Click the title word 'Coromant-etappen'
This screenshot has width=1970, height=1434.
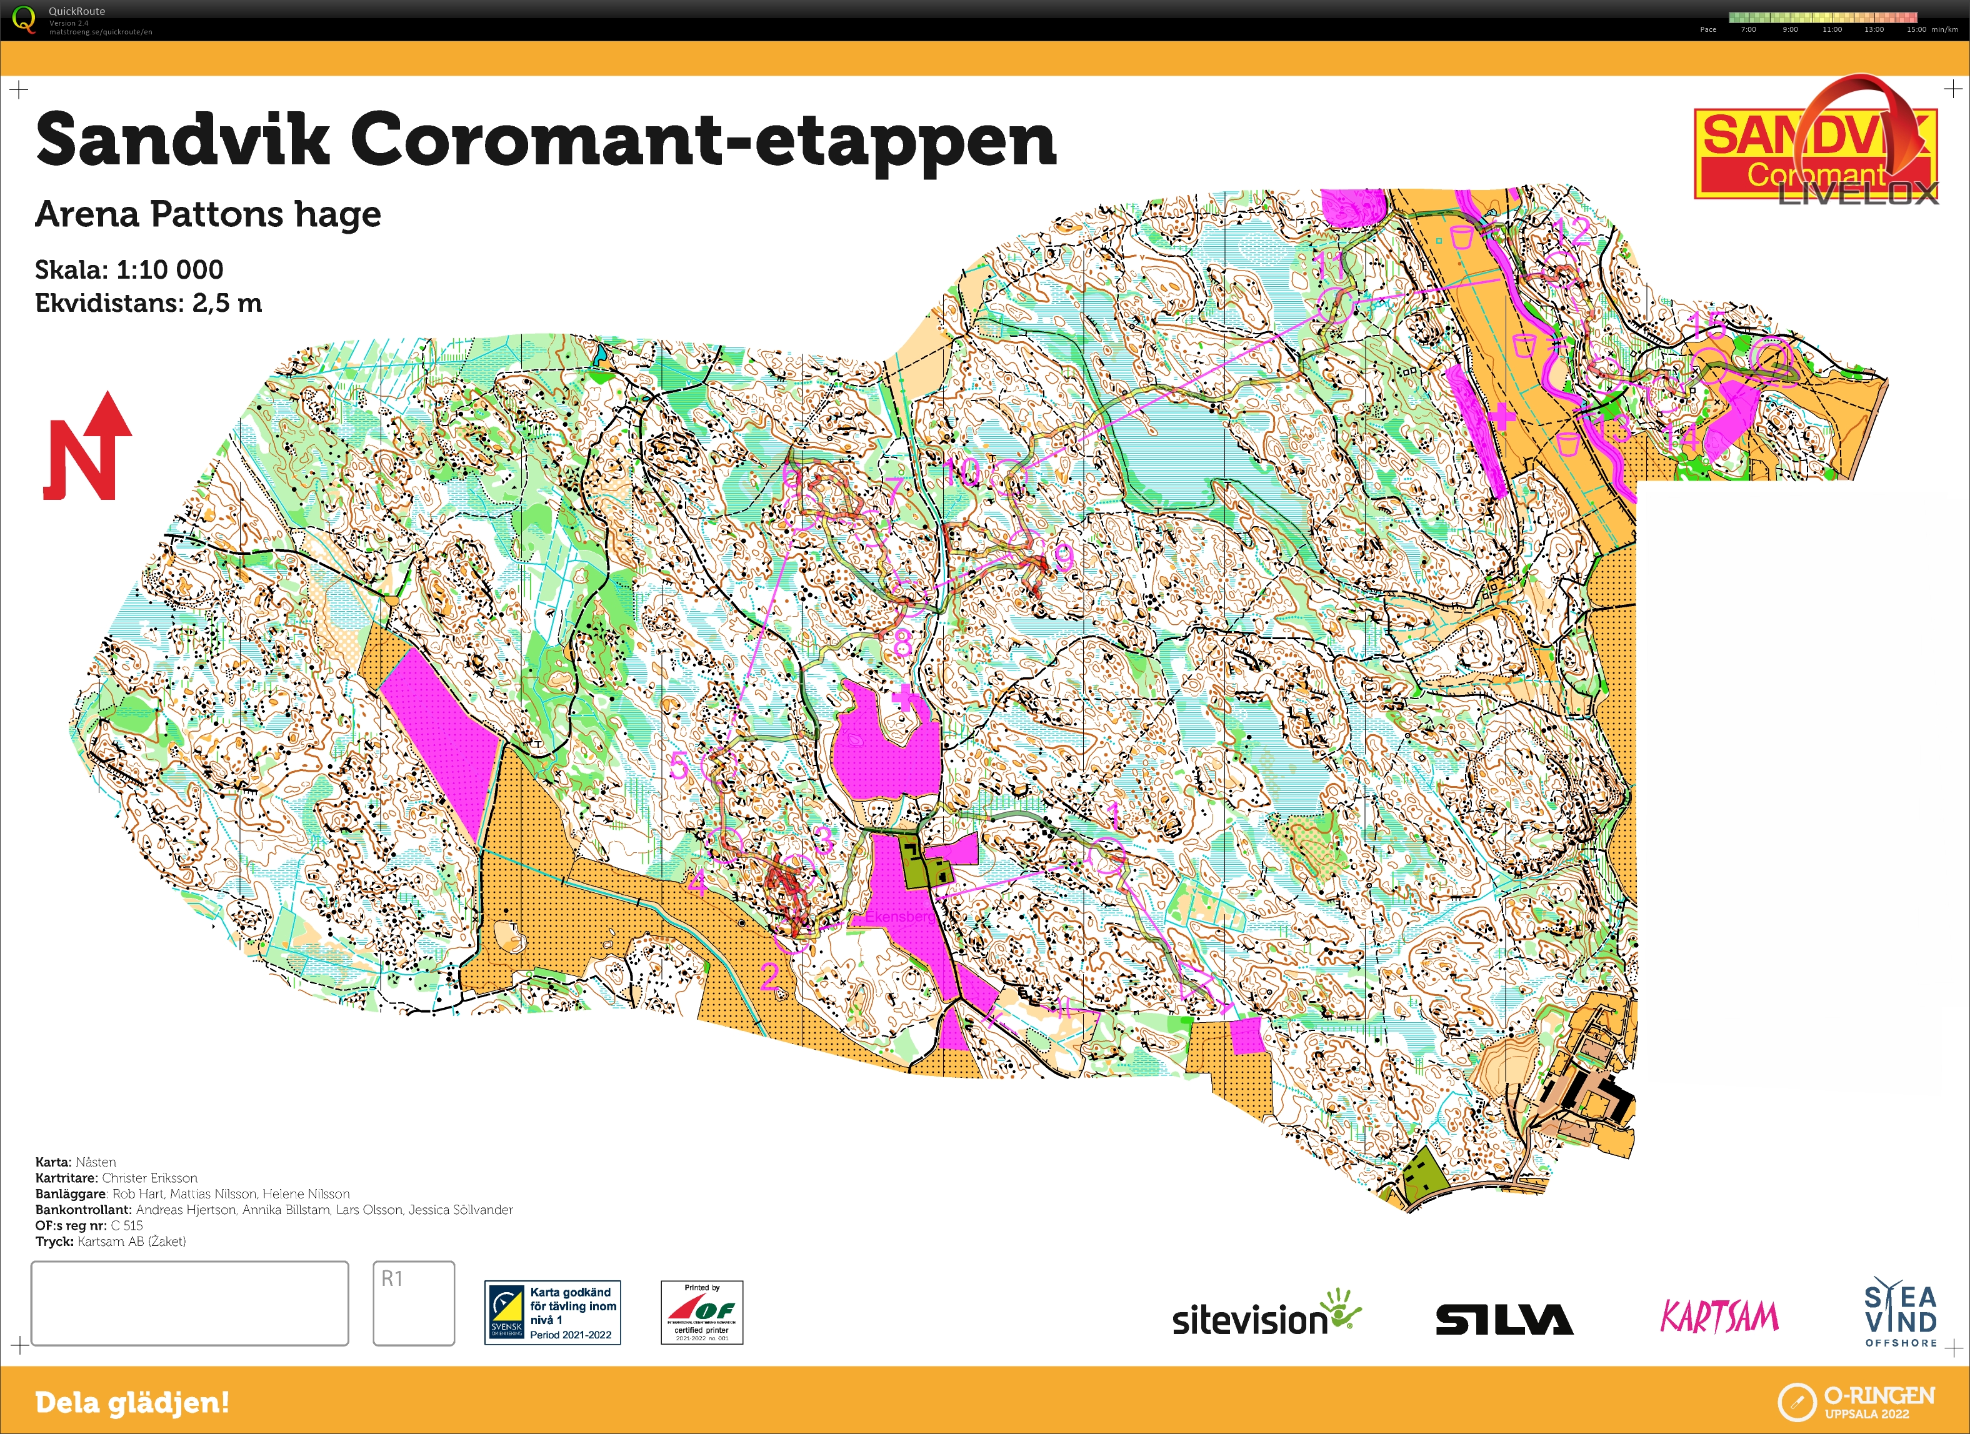coord(704,140)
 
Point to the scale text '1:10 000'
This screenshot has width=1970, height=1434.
coord(169,270)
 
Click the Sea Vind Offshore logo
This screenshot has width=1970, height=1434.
coord(1901,1312)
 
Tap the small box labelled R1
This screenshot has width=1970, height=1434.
coord(414,1303)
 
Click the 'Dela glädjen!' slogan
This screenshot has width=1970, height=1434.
coord(132,1402)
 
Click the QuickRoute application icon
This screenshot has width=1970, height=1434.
coord(24,19)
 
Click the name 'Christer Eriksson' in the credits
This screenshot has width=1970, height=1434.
coord(149,1178)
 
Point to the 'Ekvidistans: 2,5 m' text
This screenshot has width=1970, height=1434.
coord(147,303)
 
